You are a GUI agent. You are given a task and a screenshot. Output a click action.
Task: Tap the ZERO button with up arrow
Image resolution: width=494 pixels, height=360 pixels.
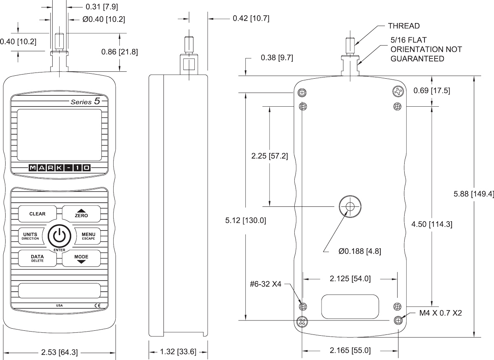[x=81, y=213]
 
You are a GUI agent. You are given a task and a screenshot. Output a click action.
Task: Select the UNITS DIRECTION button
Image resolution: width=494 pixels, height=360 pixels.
[x=30, y=236]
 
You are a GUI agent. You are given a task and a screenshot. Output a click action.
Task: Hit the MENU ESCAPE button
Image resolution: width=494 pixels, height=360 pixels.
[x=88, y=236]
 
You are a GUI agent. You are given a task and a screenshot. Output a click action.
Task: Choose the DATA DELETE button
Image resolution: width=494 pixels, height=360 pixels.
[x=37, y=258]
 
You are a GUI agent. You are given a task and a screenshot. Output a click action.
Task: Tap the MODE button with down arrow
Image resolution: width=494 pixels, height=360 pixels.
[x=81, y=258]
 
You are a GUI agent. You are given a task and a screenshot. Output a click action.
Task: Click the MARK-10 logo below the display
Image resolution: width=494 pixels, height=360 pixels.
[x=59, y=168]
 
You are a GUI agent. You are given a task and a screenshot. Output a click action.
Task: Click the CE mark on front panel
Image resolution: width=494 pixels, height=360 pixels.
[x=97, y=305]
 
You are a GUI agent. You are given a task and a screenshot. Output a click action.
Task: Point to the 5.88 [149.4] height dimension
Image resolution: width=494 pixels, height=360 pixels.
[x=473, y=194]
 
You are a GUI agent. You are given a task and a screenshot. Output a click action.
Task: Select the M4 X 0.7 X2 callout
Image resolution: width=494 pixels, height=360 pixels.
[x=440, y=313]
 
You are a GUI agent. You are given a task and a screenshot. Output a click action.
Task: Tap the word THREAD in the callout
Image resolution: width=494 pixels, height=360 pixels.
[x=403, y=26]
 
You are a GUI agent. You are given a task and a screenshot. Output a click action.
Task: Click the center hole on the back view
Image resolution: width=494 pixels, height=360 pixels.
[x=350, y=206]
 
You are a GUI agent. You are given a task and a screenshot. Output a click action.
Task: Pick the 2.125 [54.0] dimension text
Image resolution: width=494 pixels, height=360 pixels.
[x=350, y=279]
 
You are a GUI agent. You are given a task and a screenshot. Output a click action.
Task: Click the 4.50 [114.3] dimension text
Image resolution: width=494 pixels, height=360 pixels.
[x=432, y=224]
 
